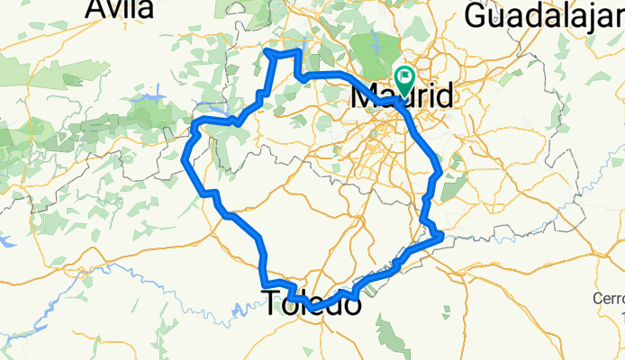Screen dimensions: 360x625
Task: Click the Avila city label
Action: click(120, 9)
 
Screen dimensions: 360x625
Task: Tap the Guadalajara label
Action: click(544, 13)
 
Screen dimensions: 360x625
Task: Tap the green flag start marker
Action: click(403, 78)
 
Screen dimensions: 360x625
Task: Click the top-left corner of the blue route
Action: click(267, 53)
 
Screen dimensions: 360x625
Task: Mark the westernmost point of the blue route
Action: click(184, 159)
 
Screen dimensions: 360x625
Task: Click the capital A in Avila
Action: click(96, 9)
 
